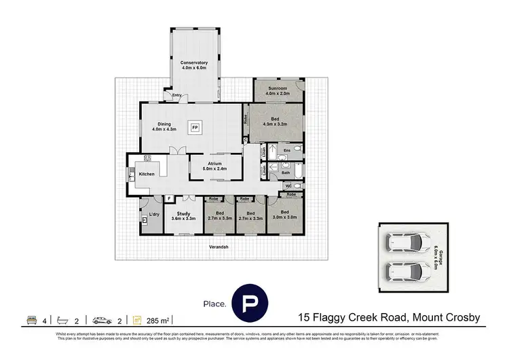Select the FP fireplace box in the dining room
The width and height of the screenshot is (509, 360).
tap(195, 128)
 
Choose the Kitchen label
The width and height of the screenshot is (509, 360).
tap(147, 174)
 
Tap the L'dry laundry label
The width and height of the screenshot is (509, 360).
tap(153, 215)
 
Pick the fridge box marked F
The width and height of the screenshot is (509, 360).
tap(168, 198)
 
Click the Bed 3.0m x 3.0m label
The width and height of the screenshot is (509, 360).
tap(284, 215)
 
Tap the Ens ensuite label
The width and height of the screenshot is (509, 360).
tap(286, 150)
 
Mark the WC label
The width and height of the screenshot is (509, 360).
tap(287, 185)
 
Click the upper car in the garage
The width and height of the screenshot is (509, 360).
tap(404, 242)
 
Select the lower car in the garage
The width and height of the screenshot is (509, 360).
tap(404, 271)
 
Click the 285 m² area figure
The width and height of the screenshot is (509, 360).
tap(161, 319)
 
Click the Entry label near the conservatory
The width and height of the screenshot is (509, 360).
tap(176, 95)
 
